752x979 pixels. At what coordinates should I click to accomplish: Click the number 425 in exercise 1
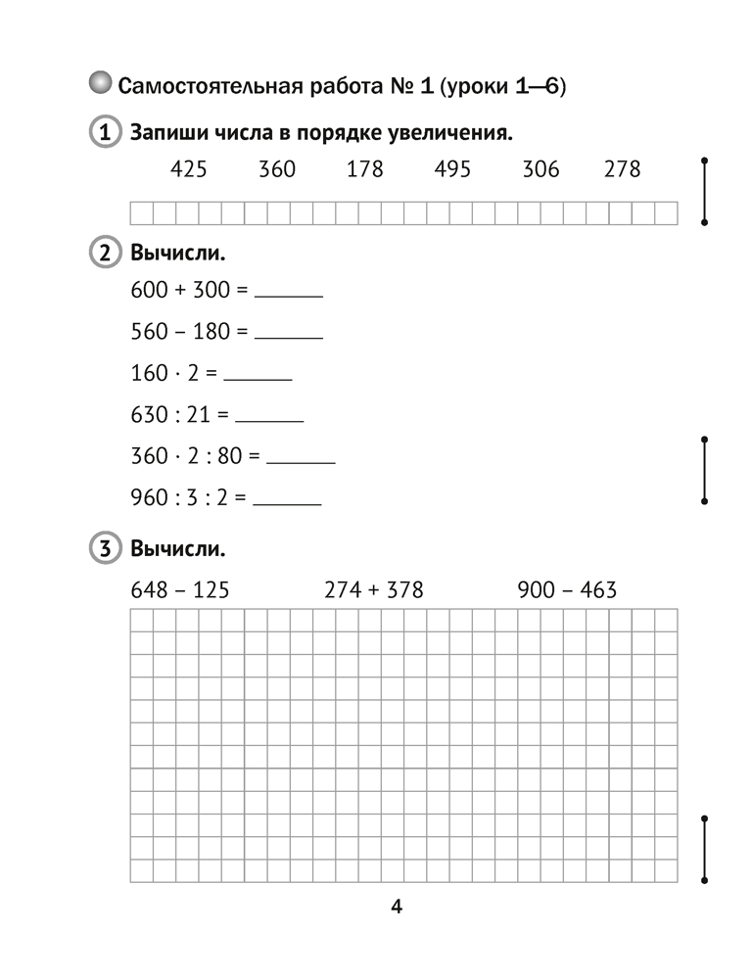click(188, 169)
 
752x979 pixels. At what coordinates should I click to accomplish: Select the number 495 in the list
click(451, 169)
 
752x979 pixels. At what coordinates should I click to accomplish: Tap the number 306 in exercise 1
click(540, 169)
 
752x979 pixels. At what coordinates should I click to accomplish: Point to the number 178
click(364, 169)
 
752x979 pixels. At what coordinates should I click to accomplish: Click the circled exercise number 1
click(103, 132)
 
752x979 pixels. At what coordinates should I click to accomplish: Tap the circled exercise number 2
click(103, 254)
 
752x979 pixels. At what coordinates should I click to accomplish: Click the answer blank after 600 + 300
click(288, 293)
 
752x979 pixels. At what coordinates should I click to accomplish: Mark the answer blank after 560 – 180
click(288, 335)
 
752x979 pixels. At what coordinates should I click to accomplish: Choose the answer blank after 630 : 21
click(269, 419)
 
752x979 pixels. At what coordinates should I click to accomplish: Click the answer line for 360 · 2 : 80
click(301, 460)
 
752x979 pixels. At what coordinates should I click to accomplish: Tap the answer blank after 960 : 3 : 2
click(287, 502)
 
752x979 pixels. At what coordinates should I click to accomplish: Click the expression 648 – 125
click(178, 589)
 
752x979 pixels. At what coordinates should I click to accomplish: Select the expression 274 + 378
click(373, 589)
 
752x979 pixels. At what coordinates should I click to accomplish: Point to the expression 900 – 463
click(567, 589)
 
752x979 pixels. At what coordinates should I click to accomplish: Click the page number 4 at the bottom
click(397, 906)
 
